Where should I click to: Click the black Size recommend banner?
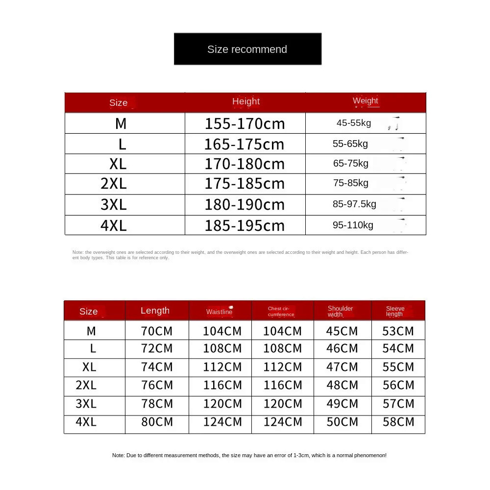click(x=247, y=49)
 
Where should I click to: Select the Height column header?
click(x=245, y=101)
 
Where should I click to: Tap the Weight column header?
click(x=366, y=101)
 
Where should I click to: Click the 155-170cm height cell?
click(x=245, y=123)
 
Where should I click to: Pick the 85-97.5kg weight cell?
click(x=354, y=204)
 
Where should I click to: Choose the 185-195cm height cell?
click(x=245, y=225)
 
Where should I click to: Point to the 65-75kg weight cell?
click(x=351, y=164)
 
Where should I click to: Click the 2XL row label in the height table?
click(x=114, y=183)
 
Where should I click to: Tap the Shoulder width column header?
click(x=341, y=311)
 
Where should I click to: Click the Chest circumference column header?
click(x=281, y=312)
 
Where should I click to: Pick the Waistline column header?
click(x=220, y=312)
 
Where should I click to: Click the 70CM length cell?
click(x=157, y=331)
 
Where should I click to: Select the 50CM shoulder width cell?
click(x=342, y=422)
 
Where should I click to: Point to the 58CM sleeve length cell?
click(x=398, y=422)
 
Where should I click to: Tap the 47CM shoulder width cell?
click(x=342, y=367)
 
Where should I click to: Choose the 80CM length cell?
click(x=157, y=422)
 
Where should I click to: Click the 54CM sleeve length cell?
click(x=398, y=348)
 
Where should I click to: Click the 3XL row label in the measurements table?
click(x=86, y=404)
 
